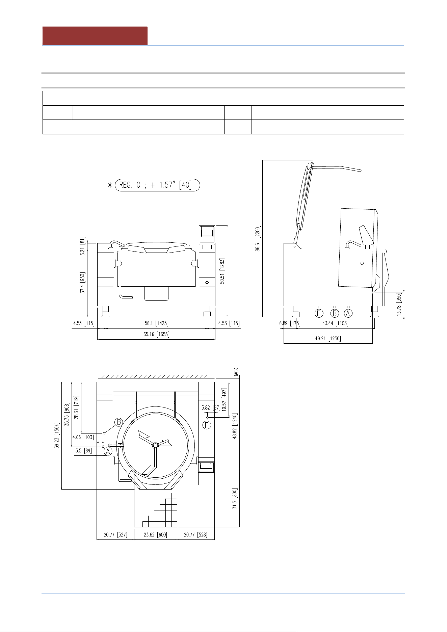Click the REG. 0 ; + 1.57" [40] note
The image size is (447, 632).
pyautogui.click(x=157, y=185)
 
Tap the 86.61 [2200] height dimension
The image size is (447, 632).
pyautogui.click(x=258, y=238)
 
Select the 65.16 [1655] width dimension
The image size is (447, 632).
pyautogui.click(x=157, y=334)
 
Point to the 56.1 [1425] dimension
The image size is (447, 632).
pyautogui.click(x=157, y=323)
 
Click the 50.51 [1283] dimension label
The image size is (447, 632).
pyautogui.click(x=222, y=271)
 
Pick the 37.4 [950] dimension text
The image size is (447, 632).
pyautogui.click(x=82, y=283)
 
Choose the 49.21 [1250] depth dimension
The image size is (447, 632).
pyautogui.click(x=328, y=338)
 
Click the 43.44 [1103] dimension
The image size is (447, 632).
pyautogui.click(x=335, y=323)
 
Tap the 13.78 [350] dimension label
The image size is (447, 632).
pyautogui.click(x=399, y=304)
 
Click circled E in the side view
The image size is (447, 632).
pyautogui.click(x=319, y=313)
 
